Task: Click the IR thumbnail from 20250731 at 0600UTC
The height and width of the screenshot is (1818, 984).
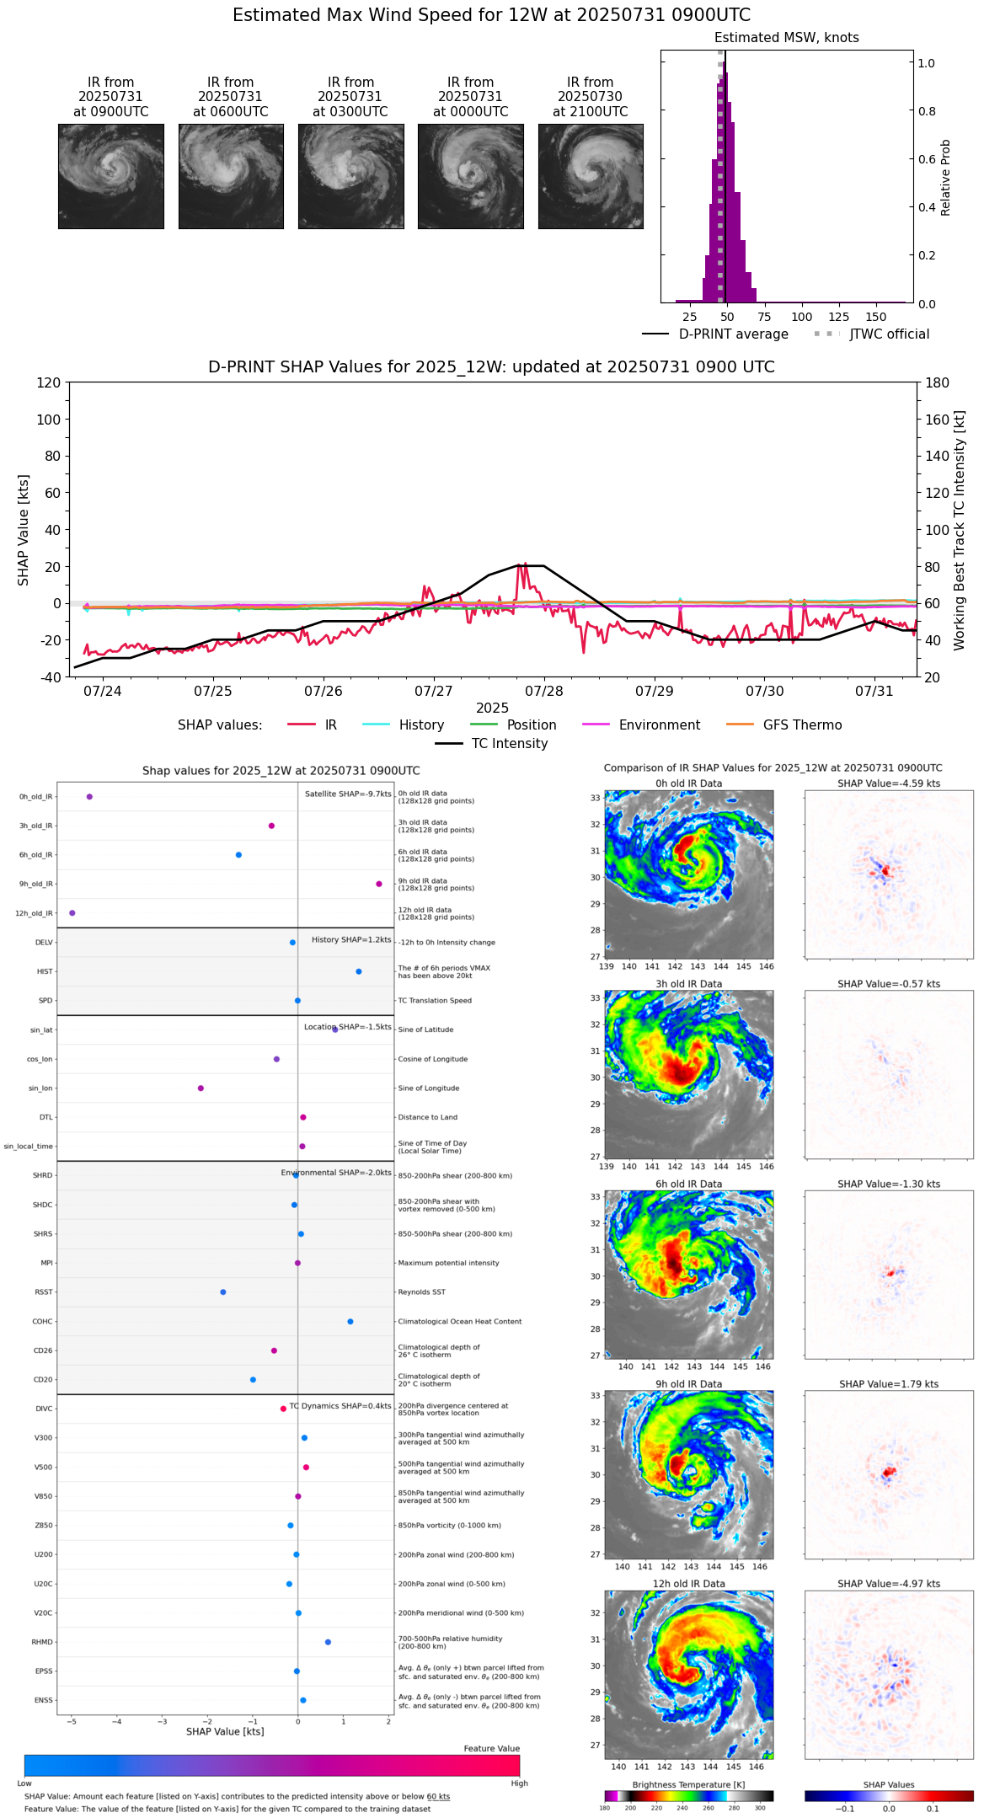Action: click(x=231, y=176)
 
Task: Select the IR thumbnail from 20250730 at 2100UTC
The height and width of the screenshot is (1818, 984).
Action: click(x=591, y=176)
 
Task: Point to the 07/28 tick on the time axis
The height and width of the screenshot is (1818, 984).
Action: click(x=544, y=691)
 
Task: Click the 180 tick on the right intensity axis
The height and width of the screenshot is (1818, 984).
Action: click(x=937, y=383)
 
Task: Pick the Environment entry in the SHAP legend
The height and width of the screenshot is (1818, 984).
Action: click(x=659, y=725)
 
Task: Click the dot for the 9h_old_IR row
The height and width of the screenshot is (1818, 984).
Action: click(x=379, y=884)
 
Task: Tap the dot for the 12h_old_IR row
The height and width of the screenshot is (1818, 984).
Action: click(x=72, y=913)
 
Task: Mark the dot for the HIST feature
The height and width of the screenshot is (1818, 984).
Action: click(x=359, y=971)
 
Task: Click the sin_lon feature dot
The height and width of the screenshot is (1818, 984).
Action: click(x=201, y=1088)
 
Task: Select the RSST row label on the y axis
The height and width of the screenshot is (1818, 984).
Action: click(x=44, y=1292)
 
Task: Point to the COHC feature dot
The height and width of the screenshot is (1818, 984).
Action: click(x=350, y=1322)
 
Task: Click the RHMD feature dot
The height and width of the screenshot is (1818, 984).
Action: click(x=328, y=1642)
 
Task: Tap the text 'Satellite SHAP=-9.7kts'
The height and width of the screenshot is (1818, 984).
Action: click(x=348, y=794)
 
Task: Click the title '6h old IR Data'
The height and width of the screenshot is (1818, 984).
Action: click(x=688, y=1184)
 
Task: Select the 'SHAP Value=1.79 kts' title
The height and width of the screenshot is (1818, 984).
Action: click(x=889, y=1384)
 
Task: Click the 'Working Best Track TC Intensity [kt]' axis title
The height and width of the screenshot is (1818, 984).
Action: click(x=960, y=531)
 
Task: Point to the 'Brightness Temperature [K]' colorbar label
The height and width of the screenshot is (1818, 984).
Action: click(x=688, y=1785)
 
